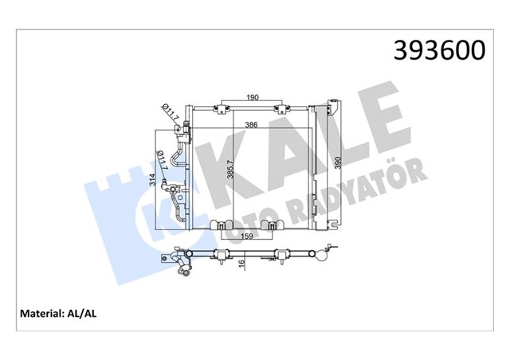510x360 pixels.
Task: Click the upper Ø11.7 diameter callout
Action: tap(170, 114)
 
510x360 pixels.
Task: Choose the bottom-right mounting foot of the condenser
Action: tap(273, 226)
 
